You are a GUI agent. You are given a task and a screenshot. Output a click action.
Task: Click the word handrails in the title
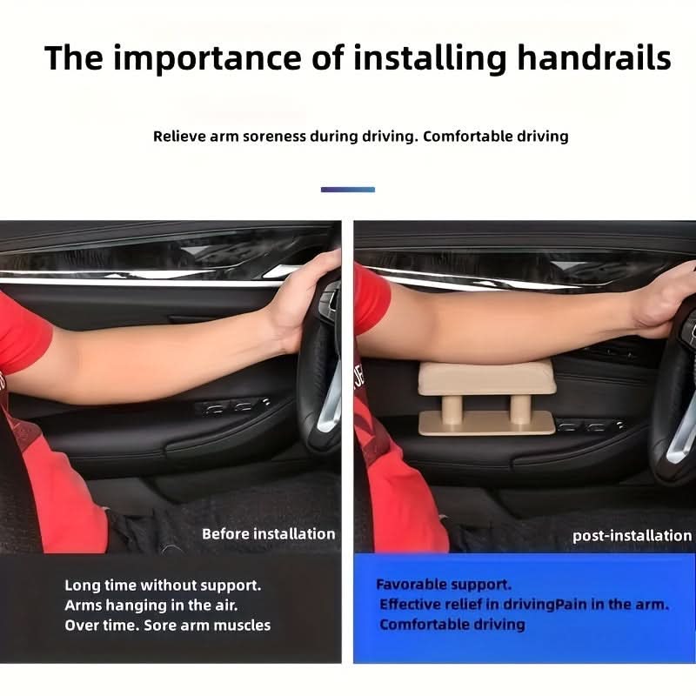(x=594, y=57)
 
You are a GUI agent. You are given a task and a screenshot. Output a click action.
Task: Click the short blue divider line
(x=348, y=190)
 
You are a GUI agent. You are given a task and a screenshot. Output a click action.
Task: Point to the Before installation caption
(x=269, y=533)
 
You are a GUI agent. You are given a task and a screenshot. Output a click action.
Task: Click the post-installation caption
(x=632, y=536)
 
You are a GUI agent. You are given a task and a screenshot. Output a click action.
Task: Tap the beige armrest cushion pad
(x=487, y=378)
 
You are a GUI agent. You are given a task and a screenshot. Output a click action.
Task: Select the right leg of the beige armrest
(x=519, y=409)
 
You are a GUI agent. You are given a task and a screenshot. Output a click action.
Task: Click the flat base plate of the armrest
(x=487, y=423)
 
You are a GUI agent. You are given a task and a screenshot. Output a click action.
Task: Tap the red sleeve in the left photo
(x=23, y=333)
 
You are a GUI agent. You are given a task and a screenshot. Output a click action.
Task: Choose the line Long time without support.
(x=163, y=586)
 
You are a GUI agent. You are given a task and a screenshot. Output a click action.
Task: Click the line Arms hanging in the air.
(x=151, y=606)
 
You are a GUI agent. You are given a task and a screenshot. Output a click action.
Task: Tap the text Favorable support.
(x=444, y=585)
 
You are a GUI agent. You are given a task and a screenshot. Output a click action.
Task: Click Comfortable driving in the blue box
(x=452, y=625)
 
